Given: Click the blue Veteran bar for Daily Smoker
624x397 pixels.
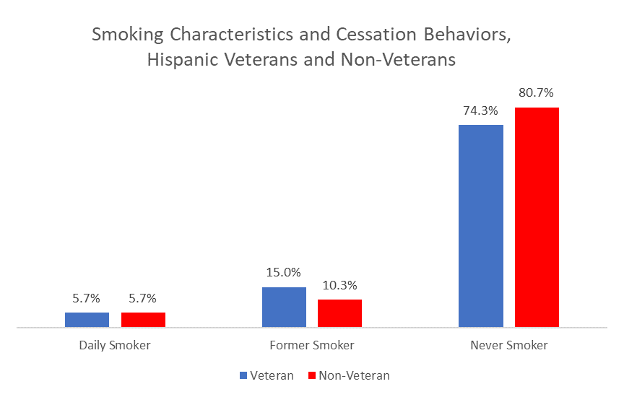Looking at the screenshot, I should pyautogui.click(x=87, y=320).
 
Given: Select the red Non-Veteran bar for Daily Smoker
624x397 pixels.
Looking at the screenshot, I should pyautogui.click(x=143, y=320).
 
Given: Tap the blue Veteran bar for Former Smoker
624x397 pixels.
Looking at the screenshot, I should pyautogui.click(x=284, y=307).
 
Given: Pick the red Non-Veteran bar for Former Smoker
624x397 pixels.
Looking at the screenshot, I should pyautogui.click(x=339, y=313).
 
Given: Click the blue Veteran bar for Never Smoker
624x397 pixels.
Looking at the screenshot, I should pyautogui.click(x=481, y=226).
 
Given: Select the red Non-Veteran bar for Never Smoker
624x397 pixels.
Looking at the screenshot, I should pyautogui.click(x=537, y=217).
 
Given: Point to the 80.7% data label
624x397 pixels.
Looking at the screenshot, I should pyautogui.click(x=537, y=93).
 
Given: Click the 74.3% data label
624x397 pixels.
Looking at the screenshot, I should pyautogui.click(x=481, y=110).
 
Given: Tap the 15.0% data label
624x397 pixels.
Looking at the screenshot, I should pyautogui.click(x=284, y=273).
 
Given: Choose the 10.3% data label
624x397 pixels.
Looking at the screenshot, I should pyautogui.click(x=339, y=285).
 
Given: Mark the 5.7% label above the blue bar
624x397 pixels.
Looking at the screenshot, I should pyautogui.click(x=87, y=298).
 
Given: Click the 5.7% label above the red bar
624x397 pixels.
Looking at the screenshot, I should pyautogui.click(x=143, y=298).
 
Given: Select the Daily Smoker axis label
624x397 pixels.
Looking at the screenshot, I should pyautogui.click(x=115, y=345).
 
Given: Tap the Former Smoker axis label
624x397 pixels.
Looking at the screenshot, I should pyautogui.click(x=312, y=345).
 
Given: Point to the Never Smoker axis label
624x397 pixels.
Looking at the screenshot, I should pyautogui.click(x=509, y=345).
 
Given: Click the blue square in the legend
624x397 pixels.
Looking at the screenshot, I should pyautogui.click(x=243, y=376).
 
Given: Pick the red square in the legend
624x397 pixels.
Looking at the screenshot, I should pyautogui.click(x=311, y=376).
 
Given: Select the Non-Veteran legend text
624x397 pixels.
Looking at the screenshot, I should pyautogui.click(x=354, y=375).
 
